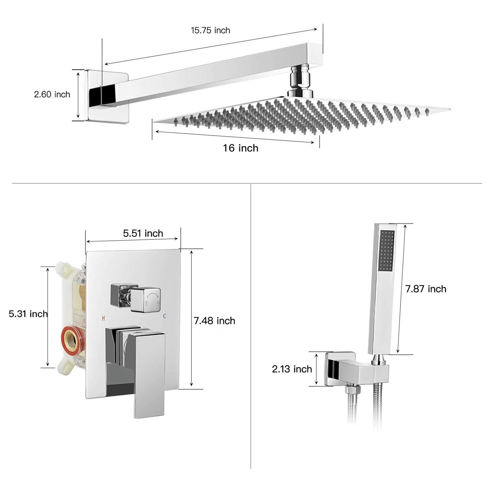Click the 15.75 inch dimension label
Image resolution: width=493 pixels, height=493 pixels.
point(210,30)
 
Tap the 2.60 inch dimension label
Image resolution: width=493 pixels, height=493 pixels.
point(52,94)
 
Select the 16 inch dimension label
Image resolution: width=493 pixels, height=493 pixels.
point(241,148)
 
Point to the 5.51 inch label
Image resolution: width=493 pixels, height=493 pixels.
point(143,233)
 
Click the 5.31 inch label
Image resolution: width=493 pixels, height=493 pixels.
point(28,313)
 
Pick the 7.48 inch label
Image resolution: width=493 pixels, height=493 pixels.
point(214,321)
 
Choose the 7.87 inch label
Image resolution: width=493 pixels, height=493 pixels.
point(426,289)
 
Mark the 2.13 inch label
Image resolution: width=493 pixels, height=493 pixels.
point(292,369)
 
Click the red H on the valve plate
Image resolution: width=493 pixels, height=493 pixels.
point(104,318)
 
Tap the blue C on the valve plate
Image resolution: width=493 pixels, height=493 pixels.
point(164,316)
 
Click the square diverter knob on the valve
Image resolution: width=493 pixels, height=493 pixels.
point(145,299)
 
